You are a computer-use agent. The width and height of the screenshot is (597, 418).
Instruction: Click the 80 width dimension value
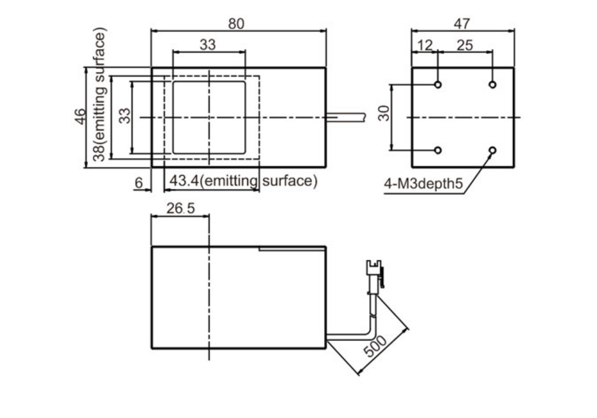click(236, 24)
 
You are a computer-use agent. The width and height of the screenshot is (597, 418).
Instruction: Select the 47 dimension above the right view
click(462, 24)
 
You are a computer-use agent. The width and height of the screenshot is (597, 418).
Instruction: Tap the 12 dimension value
click(425, 45)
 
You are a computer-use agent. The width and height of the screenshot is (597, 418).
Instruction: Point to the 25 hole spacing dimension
click(465, 45)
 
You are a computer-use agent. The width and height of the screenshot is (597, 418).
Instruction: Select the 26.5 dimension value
click(180, 209)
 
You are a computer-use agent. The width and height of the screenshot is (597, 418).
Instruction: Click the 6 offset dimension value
click(138, 183)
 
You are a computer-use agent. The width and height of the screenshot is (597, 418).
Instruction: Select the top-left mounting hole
click(438, 84)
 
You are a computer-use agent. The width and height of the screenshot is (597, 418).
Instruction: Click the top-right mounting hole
click(492, 84)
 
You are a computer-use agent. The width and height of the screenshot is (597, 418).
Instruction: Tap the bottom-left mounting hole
click(438, 150)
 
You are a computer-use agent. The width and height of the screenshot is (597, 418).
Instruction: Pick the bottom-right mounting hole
click(492, 150)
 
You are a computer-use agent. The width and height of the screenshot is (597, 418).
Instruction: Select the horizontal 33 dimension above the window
click(208, 45)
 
